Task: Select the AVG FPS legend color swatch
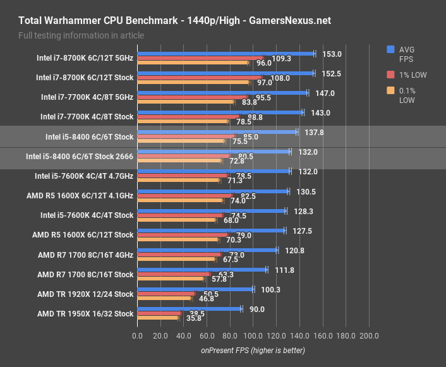click(x=391, y=49)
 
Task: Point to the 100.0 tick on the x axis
click(x=253, y=335)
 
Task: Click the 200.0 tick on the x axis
click(x=369, y=335)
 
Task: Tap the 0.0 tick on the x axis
click(x=137, y=335)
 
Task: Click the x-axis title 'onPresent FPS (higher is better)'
click(x=253, y=350)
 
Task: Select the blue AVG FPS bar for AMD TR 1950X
click(x=189, y=309)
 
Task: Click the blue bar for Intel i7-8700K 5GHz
click(x=226, y=54)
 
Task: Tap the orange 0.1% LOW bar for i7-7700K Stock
click(x=183, y=121)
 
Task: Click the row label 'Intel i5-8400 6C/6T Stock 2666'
click(x=80, y=156)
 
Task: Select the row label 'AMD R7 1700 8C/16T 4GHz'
click(x=85, y=255)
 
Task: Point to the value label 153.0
click(x=331, y=54)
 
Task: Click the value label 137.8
click(x=313, y=133)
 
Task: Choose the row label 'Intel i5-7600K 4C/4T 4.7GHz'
click(x=84, y=176)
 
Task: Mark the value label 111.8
click(x=283, y=270)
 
